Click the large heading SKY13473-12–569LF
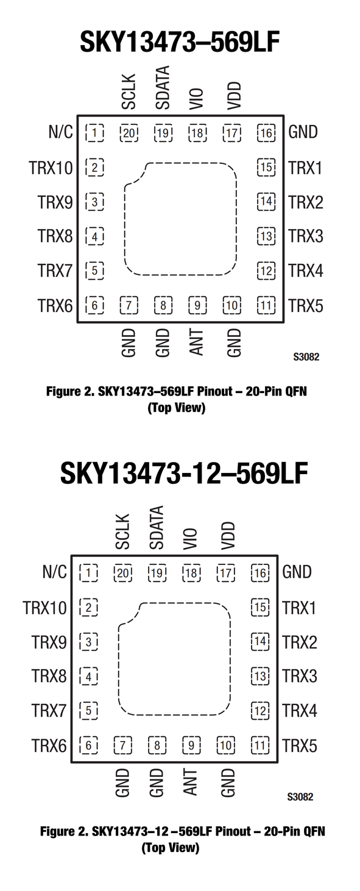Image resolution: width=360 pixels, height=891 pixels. pos(184,474)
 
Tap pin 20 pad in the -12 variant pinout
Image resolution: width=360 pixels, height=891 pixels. pos(123,573)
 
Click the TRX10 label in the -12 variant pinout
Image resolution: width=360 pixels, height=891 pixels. pos(44,608)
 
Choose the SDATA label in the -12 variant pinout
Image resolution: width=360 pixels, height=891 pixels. pos(157,527)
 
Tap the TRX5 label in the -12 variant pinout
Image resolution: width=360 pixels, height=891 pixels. pos(300,745)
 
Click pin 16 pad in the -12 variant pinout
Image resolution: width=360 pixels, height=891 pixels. pos(260,573)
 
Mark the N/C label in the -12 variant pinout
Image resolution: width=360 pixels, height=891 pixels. pos(54,572)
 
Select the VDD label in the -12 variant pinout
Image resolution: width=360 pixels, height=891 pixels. pos(228,536)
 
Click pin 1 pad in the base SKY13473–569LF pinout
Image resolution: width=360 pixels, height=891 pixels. pos(94,133)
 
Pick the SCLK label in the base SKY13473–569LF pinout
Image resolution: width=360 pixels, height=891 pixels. pos(129,91)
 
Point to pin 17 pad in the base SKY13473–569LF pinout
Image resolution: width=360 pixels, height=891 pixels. pos(232,133)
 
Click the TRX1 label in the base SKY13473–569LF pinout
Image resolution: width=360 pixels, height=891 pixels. pos(306,168)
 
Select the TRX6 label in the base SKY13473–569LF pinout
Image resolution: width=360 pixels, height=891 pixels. pos(55,305)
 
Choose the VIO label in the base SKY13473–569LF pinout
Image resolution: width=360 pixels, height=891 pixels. pos(197,99)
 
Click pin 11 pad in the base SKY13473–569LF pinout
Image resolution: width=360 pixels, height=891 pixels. pos(266,305)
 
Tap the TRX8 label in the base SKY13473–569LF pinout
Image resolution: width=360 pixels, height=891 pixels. pos(55,236)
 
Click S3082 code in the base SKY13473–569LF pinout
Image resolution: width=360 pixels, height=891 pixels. pos(306,357)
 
